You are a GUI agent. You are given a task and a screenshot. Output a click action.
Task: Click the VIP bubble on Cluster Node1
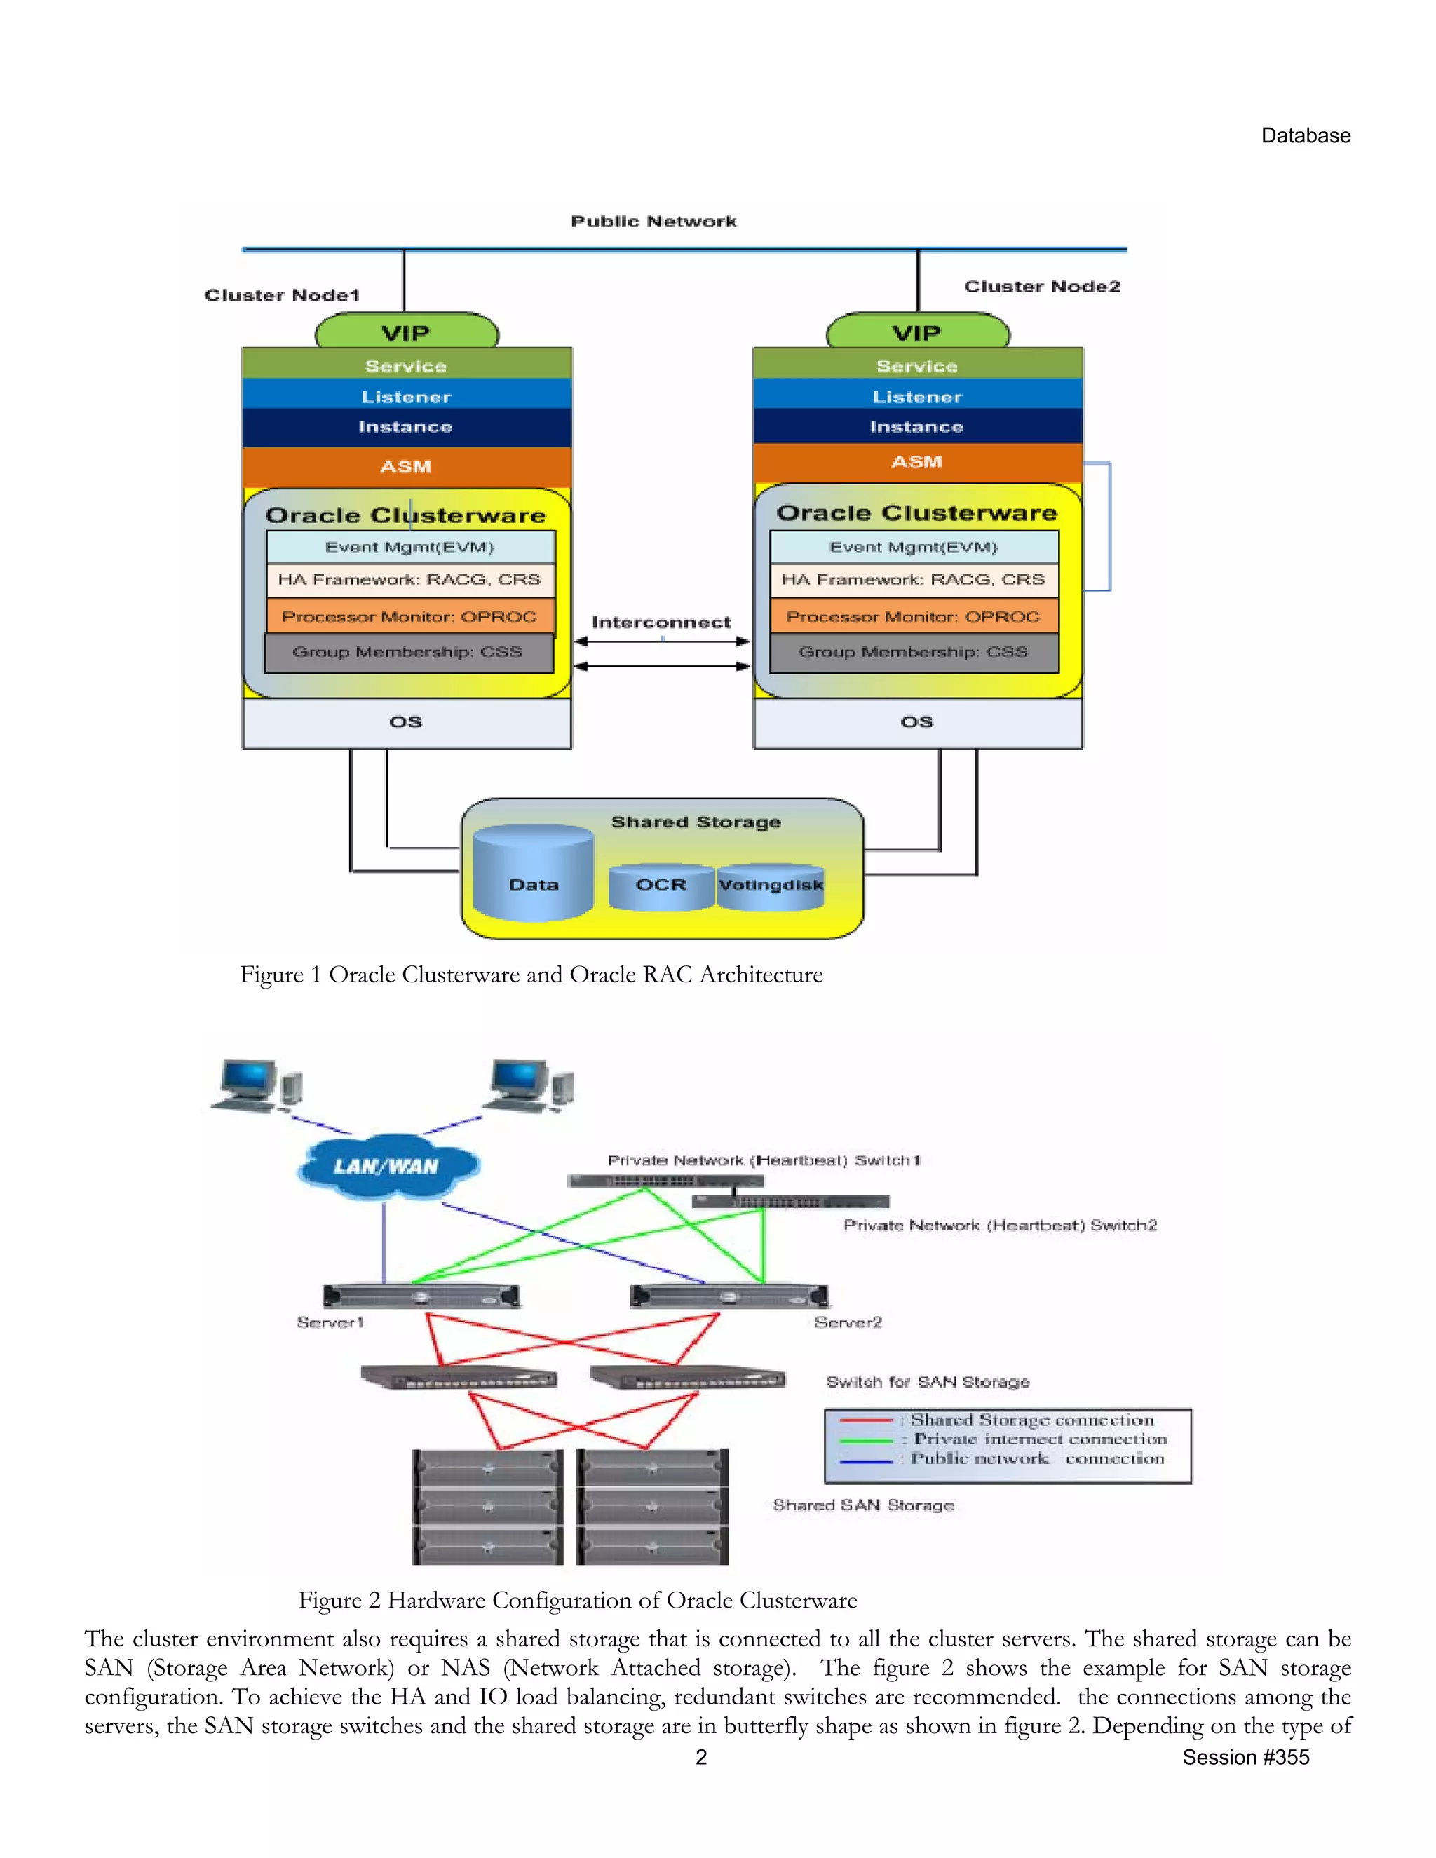tap(407, 332)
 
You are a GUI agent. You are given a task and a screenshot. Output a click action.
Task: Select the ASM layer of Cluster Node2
tap(917, 462)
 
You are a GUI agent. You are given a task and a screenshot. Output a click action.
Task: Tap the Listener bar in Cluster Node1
tap(407, 396)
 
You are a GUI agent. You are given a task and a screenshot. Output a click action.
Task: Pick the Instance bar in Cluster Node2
tap(917, 427)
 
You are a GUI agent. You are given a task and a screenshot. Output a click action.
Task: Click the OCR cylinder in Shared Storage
tap(661, 886)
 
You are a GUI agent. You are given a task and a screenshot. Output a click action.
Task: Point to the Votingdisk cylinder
tap(771, 886)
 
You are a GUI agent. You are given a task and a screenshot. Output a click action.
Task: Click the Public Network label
tap(653, 221)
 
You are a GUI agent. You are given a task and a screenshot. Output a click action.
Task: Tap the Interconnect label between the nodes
tap(661, 623)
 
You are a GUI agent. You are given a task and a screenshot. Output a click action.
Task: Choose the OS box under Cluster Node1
tap(407, 722)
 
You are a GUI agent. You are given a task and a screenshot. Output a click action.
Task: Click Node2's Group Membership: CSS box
tap(914, 653)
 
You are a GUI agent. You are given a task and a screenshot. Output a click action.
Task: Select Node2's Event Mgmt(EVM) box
tap(914, 547)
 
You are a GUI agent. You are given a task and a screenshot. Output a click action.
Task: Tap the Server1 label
tap(330, 1322)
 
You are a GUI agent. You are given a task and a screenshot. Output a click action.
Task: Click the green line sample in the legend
tap(865, 1440)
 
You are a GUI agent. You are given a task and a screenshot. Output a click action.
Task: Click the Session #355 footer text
tap(1245, 1758)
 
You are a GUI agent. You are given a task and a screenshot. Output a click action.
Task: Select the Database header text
tap(1305, 136)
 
